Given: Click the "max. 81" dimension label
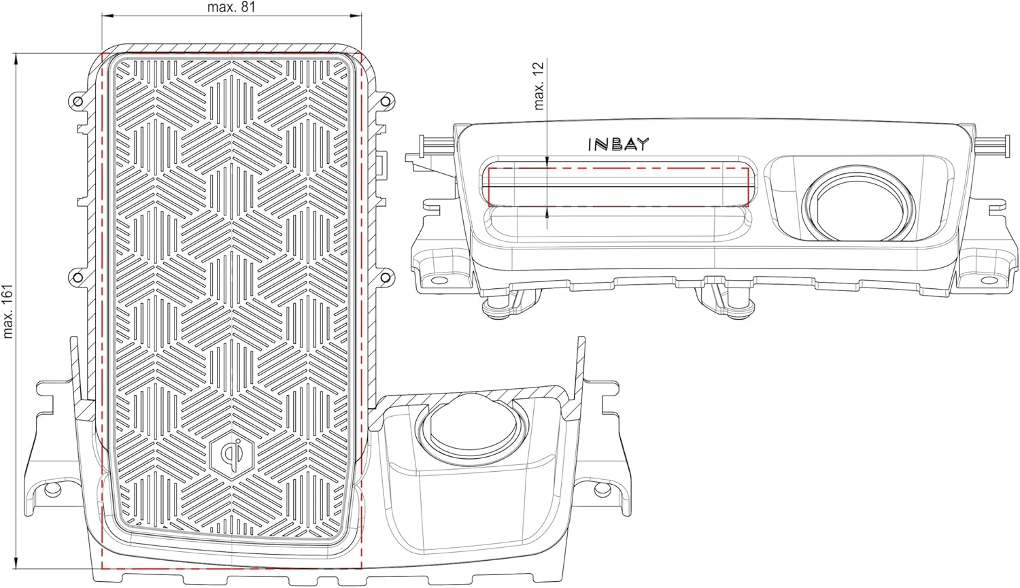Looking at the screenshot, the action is (231, 7).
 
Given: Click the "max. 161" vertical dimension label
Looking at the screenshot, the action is (8, 312).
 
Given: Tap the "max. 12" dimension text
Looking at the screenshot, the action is (539, 86).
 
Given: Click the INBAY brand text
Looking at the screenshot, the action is (618, 145).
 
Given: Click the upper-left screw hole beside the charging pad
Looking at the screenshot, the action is (78, 101).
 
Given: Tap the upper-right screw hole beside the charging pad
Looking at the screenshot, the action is (385, 101).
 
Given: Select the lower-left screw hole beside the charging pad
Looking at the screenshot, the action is (78, 277).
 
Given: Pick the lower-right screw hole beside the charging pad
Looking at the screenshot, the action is (385, 277).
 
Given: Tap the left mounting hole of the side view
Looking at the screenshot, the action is (439, 279).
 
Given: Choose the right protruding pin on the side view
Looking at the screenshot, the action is (993, 145).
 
